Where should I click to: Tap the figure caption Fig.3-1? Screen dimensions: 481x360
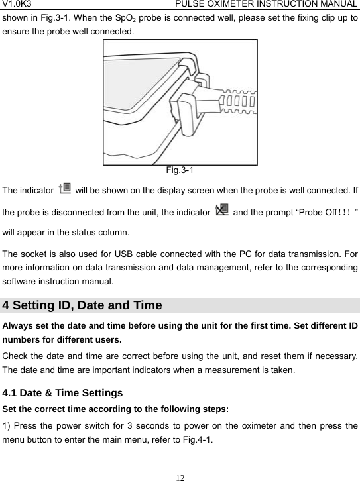coord(180,170)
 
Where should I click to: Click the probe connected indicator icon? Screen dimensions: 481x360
coord(66,191)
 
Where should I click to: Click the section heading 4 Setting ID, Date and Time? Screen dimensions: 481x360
coord(83,305)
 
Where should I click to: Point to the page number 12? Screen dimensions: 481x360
coord(180,474)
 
